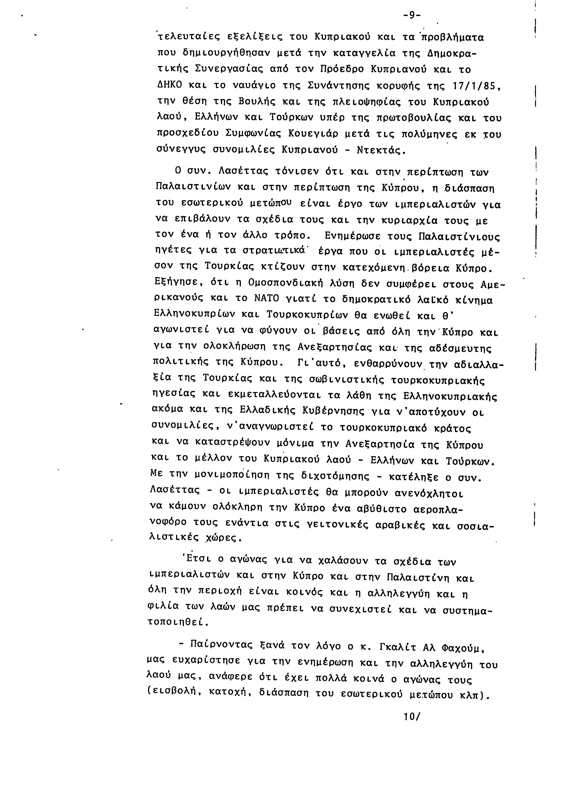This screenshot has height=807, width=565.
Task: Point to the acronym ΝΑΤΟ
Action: click(266, 299)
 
